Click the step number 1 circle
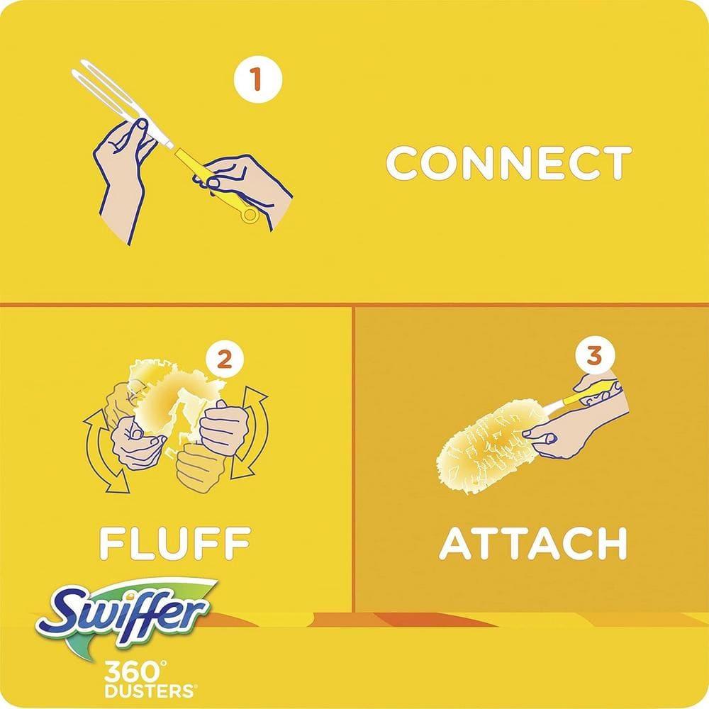[x=257, y=79]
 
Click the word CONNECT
[x=508, y=163]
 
